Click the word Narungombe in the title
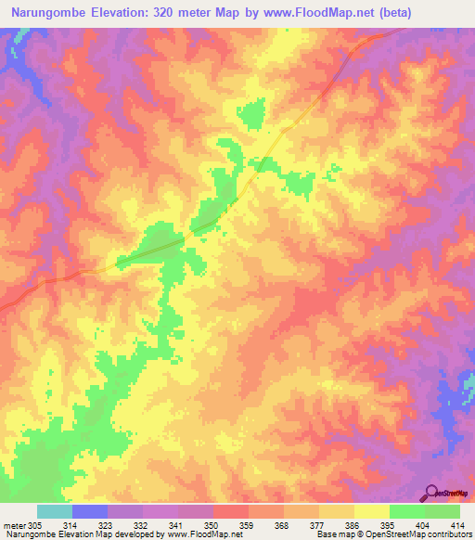54,12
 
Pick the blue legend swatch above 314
90,511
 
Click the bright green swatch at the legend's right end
443,511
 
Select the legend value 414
458,525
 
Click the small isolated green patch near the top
251,116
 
